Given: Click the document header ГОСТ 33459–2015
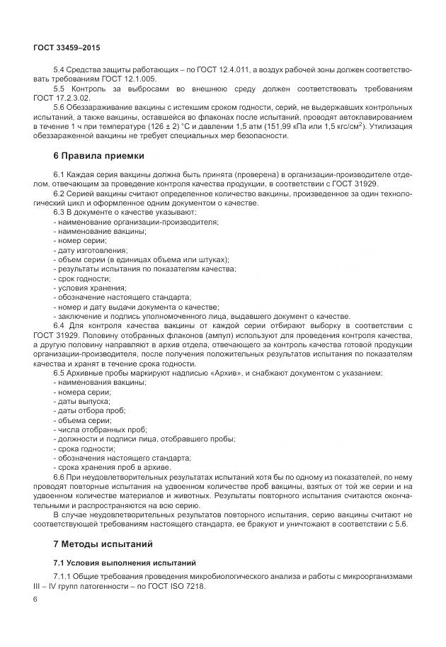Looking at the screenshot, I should (x=67, y=47).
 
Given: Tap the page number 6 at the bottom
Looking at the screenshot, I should (x=35, y=599).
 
